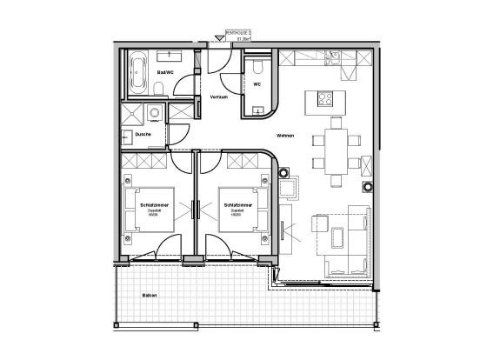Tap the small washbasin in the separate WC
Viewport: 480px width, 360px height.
pos(258,109)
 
